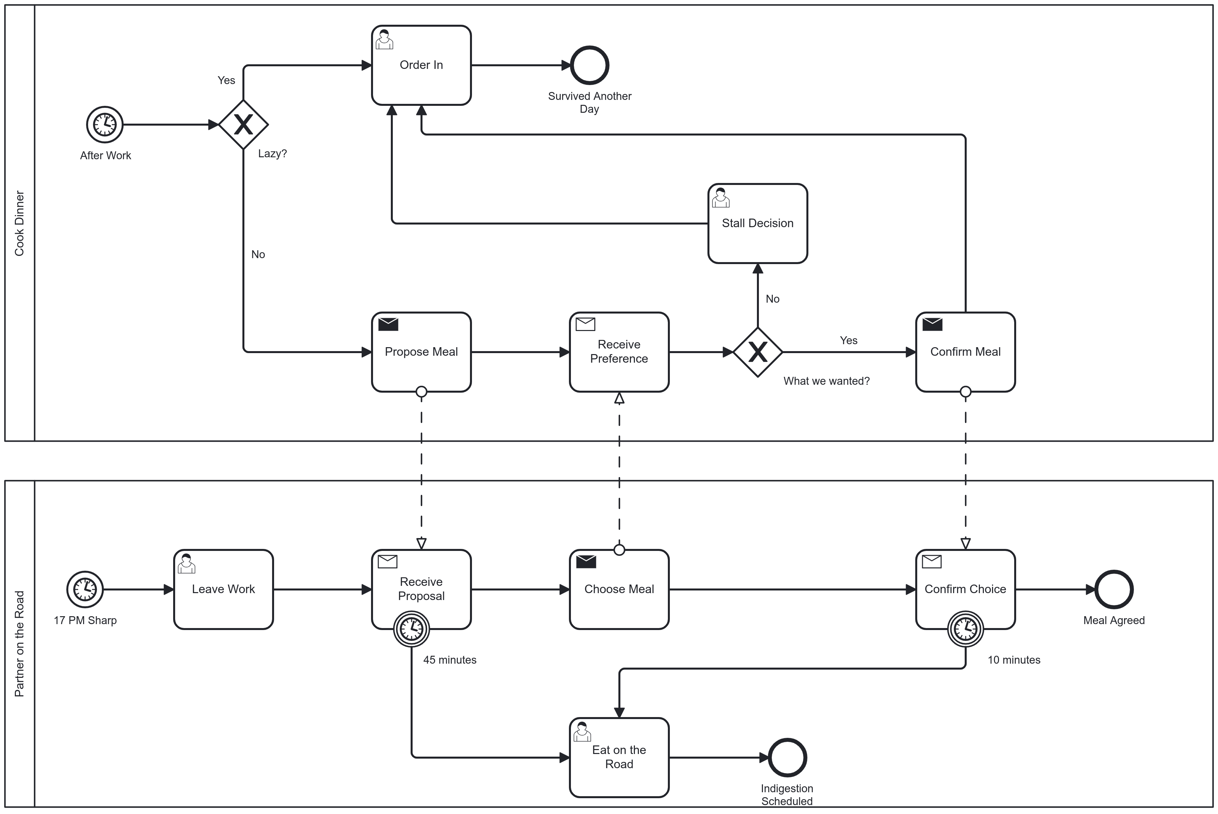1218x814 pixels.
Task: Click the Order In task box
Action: (421, 65)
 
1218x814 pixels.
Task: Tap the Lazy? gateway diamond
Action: (243, 125)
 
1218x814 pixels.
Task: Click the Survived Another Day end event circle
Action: (589, 65)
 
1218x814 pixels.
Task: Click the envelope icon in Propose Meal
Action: (388, 324)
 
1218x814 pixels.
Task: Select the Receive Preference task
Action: (619, 352)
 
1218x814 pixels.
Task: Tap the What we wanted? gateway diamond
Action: (758, 352)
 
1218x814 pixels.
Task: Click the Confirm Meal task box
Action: (965, 352)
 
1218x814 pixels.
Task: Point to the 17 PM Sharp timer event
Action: (85, 589)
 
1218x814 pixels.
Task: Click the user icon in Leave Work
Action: (186, 563)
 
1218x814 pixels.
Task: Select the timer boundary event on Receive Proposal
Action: (411, 629)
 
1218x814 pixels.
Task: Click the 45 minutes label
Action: (450, 660)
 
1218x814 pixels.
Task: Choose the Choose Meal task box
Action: (619, 589)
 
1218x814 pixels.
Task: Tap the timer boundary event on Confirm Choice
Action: (965, 629)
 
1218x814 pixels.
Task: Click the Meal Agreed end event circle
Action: (1114, 589)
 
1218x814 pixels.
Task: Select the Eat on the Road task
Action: (619, 757)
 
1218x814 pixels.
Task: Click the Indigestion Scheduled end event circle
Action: (787, 757)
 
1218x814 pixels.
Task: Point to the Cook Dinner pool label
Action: (19, 223)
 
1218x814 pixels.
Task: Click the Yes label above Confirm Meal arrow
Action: (848, 341)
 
